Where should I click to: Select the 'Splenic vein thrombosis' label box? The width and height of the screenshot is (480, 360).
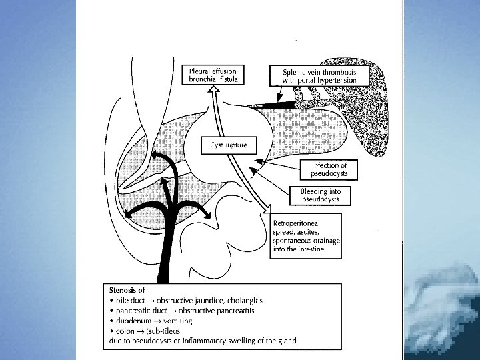(319, 75)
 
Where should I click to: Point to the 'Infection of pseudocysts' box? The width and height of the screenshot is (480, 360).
(333, 170)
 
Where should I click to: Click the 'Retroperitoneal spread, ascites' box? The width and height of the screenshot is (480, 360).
(306, 235)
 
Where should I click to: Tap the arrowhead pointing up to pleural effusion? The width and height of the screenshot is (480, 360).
(215, 91)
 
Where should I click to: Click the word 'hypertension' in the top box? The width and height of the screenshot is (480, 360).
(341, 80)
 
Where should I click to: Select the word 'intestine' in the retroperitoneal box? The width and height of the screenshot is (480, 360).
(310, 249)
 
